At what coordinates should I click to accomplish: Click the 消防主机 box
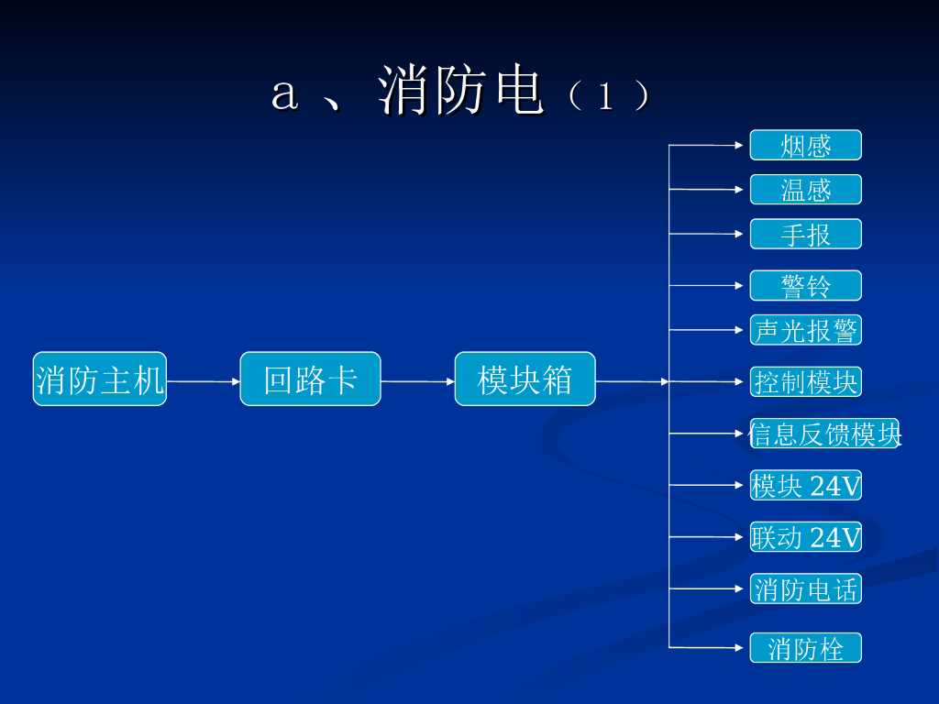click(x=100, y=379)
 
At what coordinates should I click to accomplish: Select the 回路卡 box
click(x=310, y=379)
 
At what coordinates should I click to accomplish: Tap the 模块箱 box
click(x=525, y=379)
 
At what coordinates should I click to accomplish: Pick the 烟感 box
click(x=805, y=145)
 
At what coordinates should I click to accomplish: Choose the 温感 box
click(x=805, y=190)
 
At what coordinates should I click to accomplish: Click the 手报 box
click(x=805, y=234)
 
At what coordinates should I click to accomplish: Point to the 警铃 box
click(x=805, y=285)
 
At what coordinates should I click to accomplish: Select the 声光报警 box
click(x=805, y=330)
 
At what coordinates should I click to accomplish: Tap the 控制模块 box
click(x=805, y=381)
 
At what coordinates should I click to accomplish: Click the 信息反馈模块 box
click(x=824, y=434)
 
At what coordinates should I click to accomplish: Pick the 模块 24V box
click(x=805, y=485)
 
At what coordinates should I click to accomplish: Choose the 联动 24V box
click(x=805, y=536)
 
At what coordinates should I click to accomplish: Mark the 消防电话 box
click(x=805, y=588)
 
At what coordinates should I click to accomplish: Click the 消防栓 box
click(x=805, y=648)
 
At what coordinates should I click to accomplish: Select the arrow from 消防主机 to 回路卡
click(x=204, y=380)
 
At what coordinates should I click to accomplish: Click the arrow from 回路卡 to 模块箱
click(x=418, y=380)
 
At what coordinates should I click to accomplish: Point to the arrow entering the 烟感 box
click(x=706, y=145)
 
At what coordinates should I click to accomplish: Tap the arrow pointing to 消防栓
click(x=706, y=647)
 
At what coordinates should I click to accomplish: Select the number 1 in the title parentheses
click(x=604, y=96)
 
